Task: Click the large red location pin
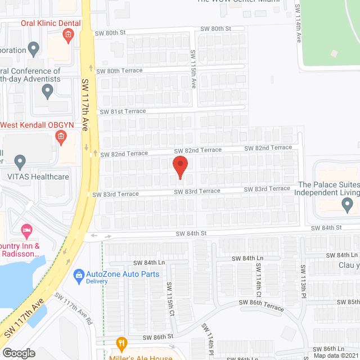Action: click(179, 166)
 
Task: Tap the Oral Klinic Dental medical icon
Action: click(68, 36)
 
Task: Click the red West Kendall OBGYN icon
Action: click(61, 136)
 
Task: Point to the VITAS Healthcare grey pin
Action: click(20, 163)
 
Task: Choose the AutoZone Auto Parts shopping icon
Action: click(79, 274)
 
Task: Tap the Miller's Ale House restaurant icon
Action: click(120, 343)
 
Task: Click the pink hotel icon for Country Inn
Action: click(25, 230)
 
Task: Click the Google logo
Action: click(19, 353)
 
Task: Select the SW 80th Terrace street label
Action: click(119, 70)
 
